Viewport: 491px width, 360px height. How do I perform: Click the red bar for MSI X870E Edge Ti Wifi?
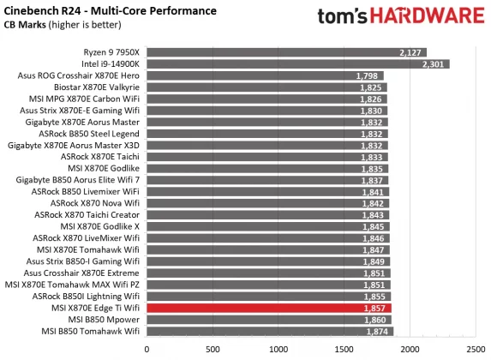coord(269,307)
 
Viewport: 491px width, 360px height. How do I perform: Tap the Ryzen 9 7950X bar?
coord(287,51)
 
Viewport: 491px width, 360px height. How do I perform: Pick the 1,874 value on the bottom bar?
coord(378,330)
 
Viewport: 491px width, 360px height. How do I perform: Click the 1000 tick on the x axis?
coord(278,349)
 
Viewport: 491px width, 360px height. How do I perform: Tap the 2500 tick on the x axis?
coord(476,349)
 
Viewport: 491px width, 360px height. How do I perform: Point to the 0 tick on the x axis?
coord(147,349)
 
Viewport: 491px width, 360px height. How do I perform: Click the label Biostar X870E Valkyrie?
coord(93,87)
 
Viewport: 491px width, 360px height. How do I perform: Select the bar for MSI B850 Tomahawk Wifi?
coord(270,330)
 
